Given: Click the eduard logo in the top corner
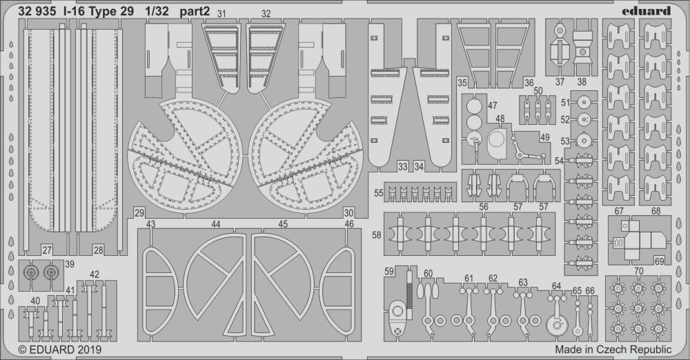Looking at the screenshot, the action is point(646,10).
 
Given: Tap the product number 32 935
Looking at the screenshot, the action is point(37,12).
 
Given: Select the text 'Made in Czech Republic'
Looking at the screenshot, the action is point(613,350).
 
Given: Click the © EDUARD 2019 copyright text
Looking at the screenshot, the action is point(60,350).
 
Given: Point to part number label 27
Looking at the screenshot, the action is point(47,250).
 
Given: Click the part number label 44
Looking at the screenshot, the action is point(215,224).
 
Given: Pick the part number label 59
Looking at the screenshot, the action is point(389,272).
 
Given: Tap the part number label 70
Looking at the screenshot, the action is point(638,271).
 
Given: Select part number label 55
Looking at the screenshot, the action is point(379,193).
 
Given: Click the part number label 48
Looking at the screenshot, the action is point(500,119).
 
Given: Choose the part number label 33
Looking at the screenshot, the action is point(403,167).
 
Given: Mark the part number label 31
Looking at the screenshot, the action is point(221,14).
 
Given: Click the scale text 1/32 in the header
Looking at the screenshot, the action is point(157,12).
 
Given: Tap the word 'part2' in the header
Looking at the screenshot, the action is point(195,12).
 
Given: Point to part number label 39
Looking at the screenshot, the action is point(70,264).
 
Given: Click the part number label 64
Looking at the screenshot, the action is point(557,286).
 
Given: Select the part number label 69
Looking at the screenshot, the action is point(659,261).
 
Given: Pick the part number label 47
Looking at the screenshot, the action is point(493,106).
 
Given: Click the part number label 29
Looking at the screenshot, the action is point(139,213).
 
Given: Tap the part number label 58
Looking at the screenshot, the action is point(377,235).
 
